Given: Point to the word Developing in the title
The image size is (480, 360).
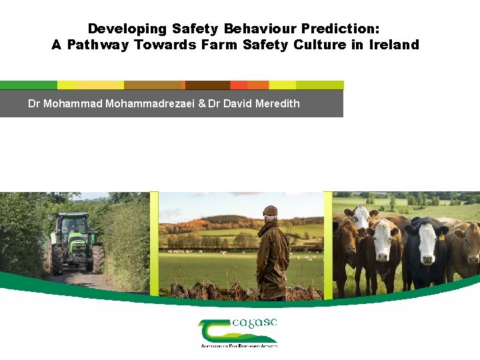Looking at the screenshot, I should pyautogui.click(x=127, y=29).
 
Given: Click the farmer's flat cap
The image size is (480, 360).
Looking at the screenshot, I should pyautogui.click(x=270, y=211).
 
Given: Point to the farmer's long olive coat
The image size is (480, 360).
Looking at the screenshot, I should pyautogui.click(x=273, y=257).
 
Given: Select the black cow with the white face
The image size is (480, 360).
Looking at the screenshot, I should pyautogui.click(x=424, y=250).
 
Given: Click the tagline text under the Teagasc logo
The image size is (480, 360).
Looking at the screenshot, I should pyautogui.click(x=239, y=346).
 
